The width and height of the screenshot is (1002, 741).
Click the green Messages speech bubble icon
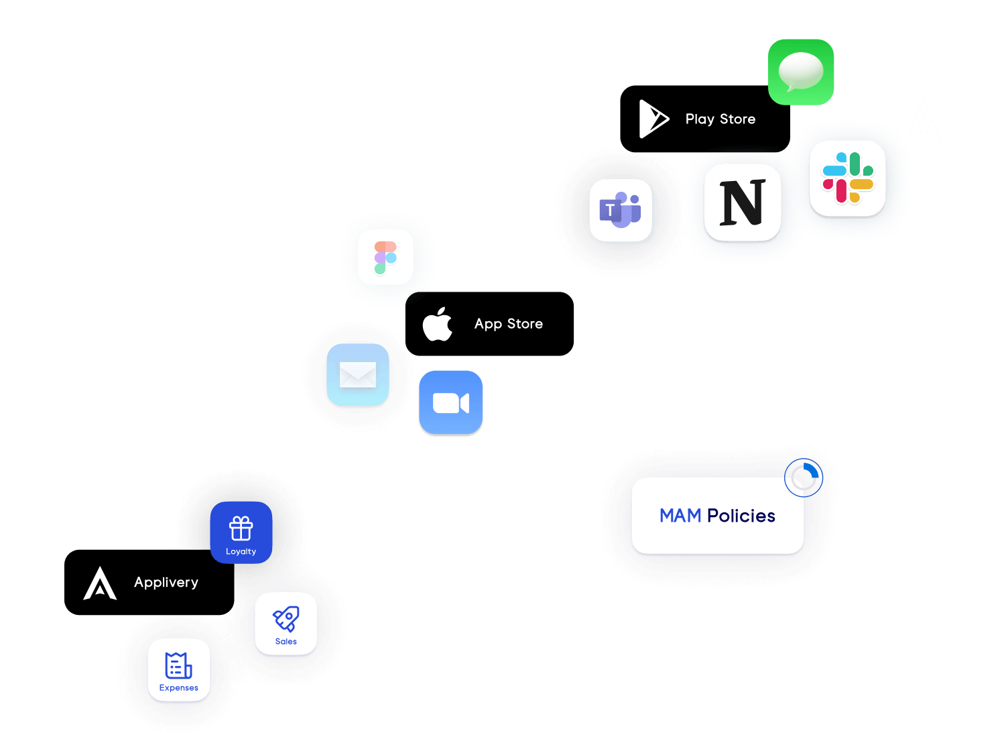(801, 72)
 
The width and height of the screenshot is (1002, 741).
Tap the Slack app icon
(848, 178)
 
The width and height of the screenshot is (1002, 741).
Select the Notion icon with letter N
(743, 203)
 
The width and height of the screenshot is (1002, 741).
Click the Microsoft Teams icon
(622, 211)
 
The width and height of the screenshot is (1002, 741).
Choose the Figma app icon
(385, 258)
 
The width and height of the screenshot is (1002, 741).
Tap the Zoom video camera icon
(450, 402)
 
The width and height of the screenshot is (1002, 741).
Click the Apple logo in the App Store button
(438, 325)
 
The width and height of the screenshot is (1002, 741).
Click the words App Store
(509, 324)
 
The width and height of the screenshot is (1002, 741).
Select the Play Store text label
(721, 119)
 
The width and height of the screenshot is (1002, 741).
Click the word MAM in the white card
(680, 516)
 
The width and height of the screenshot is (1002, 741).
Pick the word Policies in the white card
(741, 516)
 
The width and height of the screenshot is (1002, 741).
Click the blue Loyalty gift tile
(241, 532)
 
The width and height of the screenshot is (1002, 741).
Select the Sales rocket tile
(286, 624)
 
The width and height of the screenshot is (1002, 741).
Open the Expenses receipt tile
(179, 670)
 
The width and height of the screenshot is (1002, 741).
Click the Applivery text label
(166, 582)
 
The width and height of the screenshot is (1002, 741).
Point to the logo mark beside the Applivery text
(100, 584)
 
